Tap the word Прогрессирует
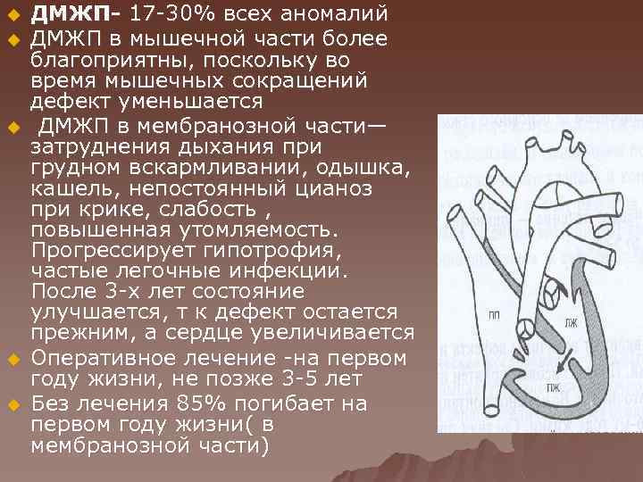click(113, 250)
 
